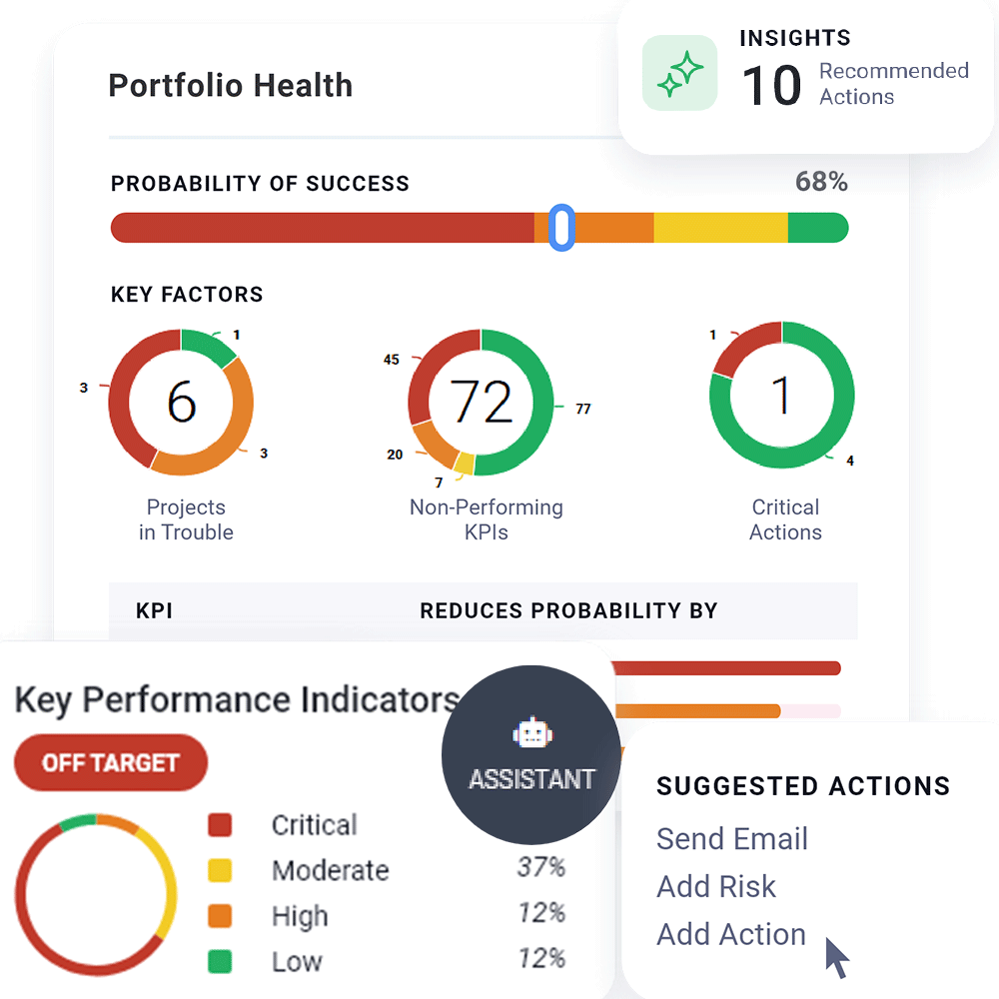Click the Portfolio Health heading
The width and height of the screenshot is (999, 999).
point(230,86)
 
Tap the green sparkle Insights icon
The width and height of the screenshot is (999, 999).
point(679,73)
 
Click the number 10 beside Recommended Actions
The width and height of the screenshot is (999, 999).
point(771,85)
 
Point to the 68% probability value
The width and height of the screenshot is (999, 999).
point(821,182)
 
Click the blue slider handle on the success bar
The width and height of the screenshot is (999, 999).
point(561,227)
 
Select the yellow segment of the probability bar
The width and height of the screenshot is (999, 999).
point(719,228)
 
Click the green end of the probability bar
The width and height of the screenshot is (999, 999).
point(817,228)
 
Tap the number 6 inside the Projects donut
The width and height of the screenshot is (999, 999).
point(181,402)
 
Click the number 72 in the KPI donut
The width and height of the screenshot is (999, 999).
point(481,402)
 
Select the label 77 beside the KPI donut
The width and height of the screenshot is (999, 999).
point(583,409)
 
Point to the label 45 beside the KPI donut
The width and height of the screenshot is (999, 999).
point(392,360)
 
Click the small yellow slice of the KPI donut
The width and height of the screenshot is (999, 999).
point(464,463)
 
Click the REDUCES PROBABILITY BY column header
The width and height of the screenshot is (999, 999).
point(568,611)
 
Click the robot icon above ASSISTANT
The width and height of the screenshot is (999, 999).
point(531,735)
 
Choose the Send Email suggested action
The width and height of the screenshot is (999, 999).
point(731,839)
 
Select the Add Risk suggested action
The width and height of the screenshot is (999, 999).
point(715,887)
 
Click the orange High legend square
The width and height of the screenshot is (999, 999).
point(220,916)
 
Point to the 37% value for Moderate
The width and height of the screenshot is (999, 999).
point(540,867)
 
